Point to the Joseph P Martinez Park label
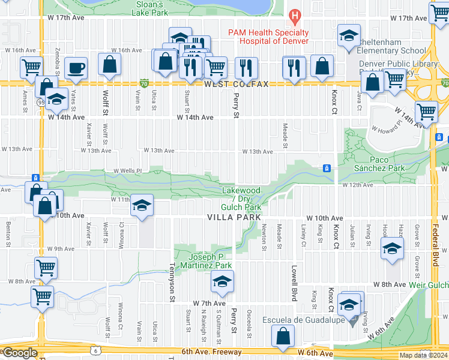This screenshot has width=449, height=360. click(x=206, y=260)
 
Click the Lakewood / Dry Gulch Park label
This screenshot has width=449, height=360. click(x=242, y=199)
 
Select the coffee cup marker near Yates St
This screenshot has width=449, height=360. click(x=76, y=68)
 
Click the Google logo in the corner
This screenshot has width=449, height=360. click(x=19, y=353)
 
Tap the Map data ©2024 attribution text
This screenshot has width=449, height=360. click(x=423, y=355)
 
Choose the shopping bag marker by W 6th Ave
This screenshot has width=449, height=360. click(x=283, y=337)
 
